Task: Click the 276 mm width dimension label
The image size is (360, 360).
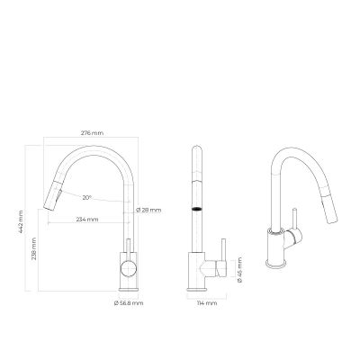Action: [x=92, y=133]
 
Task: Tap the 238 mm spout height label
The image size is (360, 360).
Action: [x=34, y=248]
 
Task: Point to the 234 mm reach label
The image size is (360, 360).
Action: [x=87, y=220]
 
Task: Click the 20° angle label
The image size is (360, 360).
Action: [x=86, y=198]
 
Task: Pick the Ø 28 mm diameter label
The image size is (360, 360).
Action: [x=148, y=210]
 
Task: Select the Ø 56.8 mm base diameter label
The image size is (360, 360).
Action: [x=129, y=303]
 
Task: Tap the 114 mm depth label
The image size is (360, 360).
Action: [x=207, y=303]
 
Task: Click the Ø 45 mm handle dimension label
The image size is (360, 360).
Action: [x=239, y=270]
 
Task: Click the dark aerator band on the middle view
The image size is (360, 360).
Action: [x=196, y=209]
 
